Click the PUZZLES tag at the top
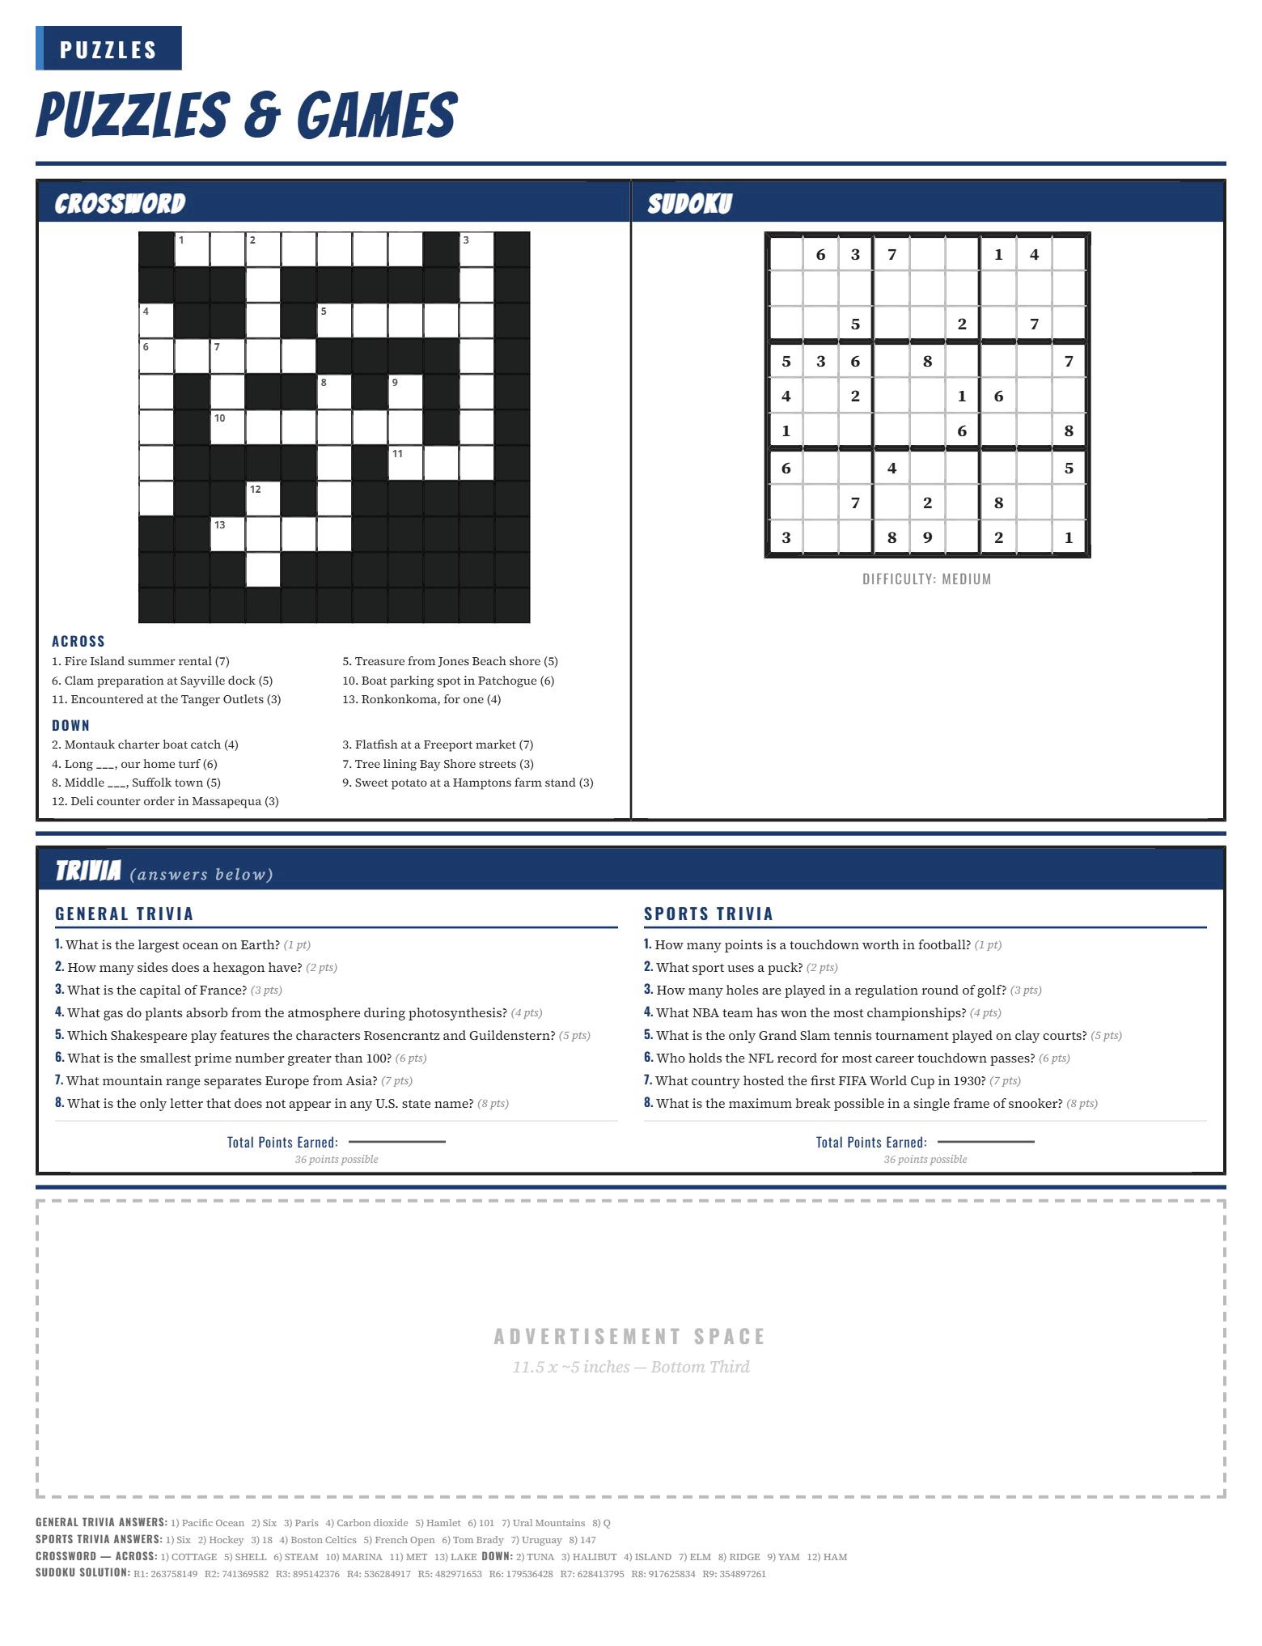click(x=108, y=49)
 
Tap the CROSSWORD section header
click(x=120, y=203)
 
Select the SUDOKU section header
click(x=689, y=203)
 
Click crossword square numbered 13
click(x=227, y=534)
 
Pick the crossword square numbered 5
click(x=334, y=320)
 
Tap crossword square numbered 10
click(x=227, y=427)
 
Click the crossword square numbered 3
click(x=476, y=249)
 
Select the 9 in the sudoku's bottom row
click(x=927, y=537)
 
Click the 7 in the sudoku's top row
click(x=891, y=255)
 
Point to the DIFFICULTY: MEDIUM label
click(x=927, y=579)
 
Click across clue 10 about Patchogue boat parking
click(x=448, y=681)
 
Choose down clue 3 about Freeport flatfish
click(x=438, y=745)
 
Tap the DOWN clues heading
click(x=71, y=725)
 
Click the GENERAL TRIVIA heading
click(x=125, y=914)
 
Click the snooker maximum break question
click(x=870, y=1103)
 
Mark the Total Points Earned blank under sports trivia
click(x=985, y=1142)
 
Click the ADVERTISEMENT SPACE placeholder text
click(x=630, y=1336)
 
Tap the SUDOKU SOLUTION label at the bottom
click(x=83, y=1573)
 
